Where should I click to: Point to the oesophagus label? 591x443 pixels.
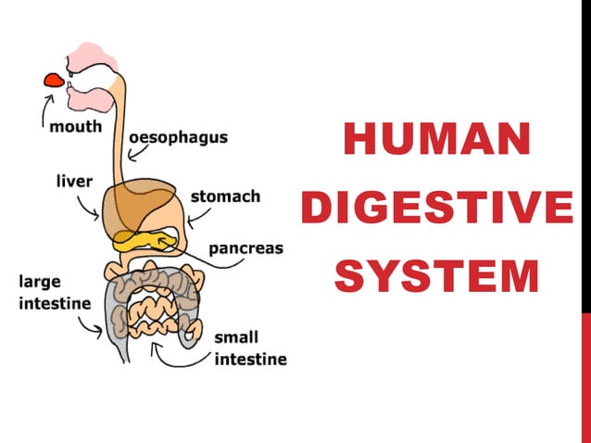(178, 136)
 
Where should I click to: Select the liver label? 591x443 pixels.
(71, 181)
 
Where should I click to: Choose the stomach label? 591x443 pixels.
(225, 196)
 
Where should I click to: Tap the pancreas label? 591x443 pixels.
(245, 248)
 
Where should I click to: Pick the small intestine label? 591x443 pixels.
(250, 348)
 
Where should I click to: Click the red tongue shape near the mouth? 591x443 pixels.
(53, 79)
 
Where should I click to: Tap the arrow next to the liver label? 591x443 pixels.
(91, 209)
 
